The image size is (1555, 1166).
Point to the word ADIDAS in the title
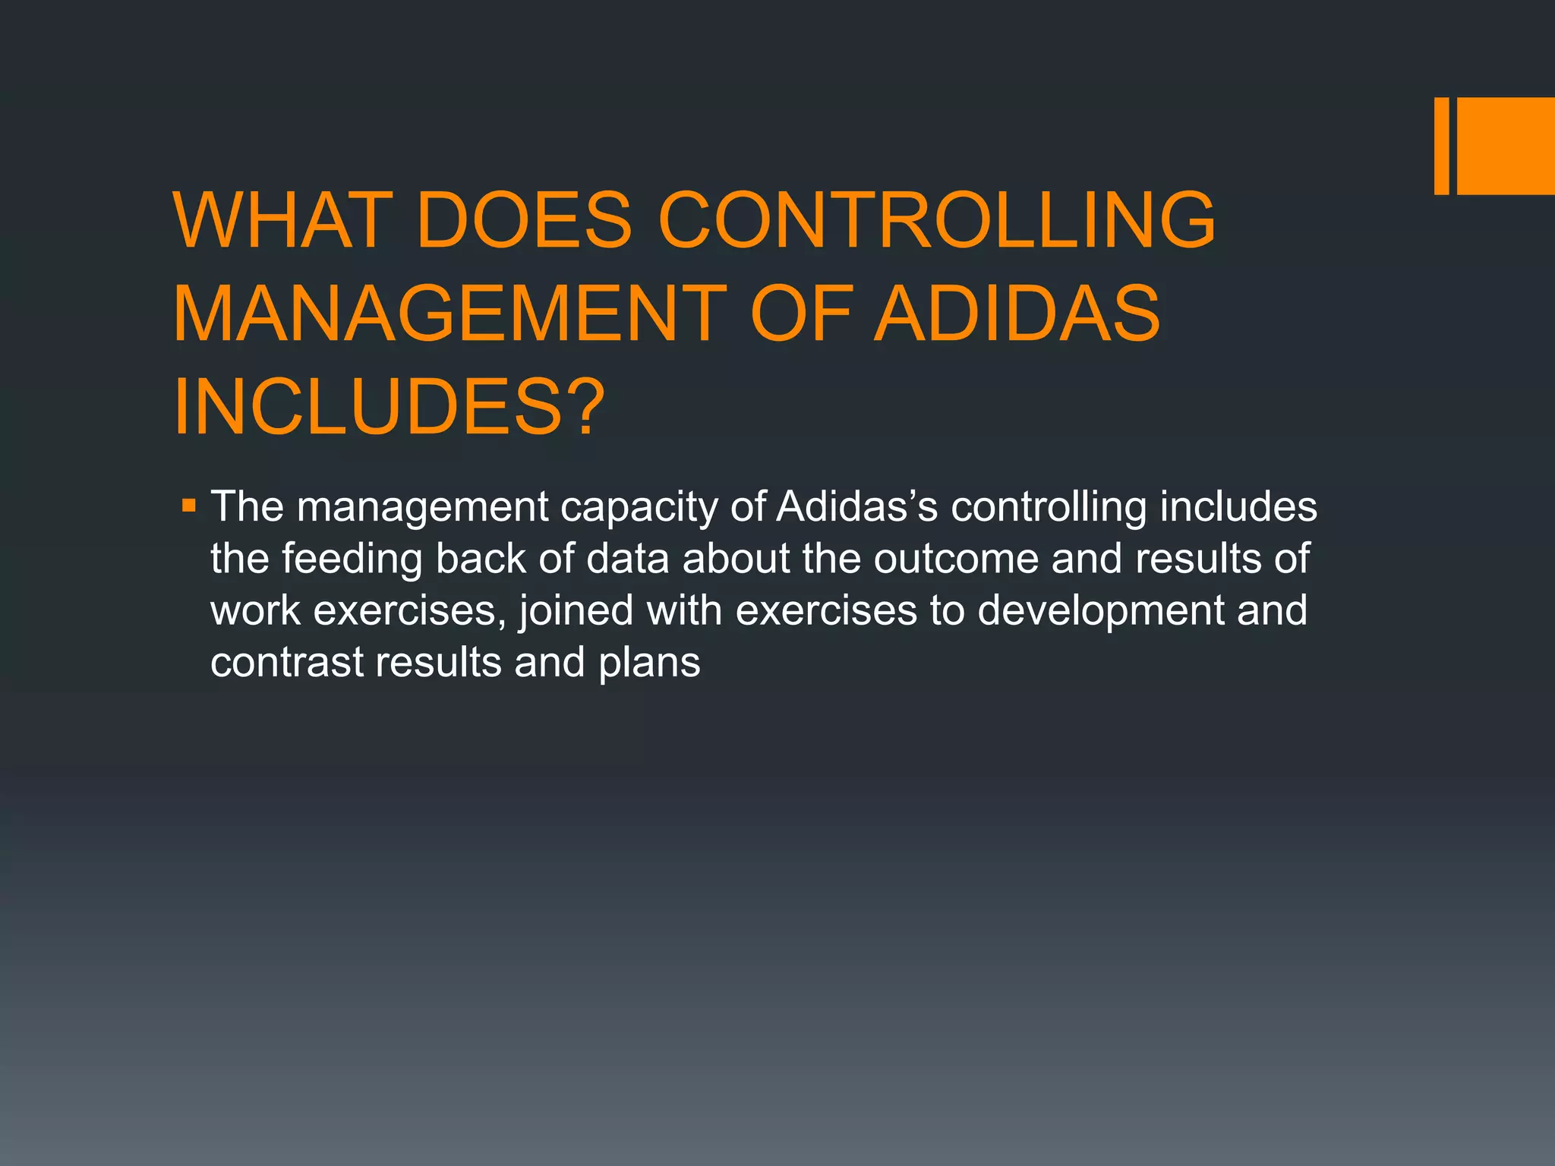[1017, 314]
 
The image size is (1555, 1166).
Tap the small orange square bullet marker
[189, 505]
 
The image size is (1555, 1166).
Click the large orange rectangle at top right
[1506, 146]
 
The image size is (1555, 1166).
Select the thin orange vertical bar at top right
[1441, 146]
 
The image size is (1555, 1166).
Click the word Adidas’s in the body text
[857, 506]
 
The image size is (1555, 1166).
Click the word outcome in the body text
[956, 559]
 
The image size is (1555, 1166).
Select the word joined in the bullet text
[576, 611]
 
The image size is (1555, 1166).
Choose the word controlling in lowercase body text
[1049, 508]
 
